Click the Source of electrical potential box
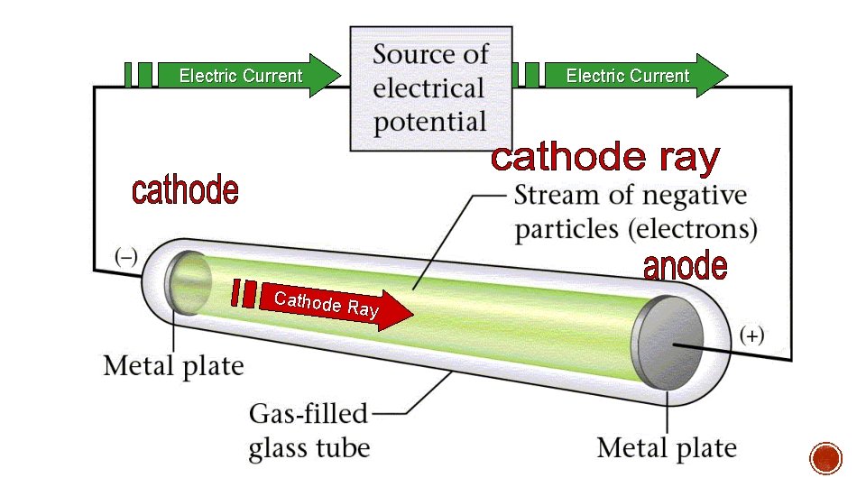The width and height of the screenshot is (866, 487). coord(429,87)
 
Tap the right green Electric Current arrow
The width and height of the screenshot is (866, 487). coord(631,76)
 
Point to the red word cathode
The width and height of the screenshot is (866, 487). coord(185,191)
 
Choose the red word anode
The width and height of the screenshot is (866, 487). coord(685,266)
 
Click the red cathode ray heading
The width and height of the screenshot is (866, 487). coord(605,159)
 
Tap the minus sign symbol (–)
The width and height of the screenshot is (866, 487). coord(124,255)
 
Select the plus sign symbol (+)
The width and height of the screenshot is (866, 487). coord(752,335)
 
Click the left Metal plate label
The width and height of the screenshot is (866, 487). coord(173,366)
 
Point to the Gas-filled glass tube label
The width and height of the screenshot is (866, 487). coord(309,430)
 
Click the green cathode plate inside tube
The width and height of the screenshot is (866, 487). coord(187,282)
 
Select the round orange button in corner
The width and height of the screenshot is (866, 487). coord(826,458)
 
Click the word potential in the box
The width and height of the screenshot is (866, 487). coord(429,122)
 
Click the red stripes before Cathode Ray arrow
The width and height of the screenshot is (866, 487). coord(243,293)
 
